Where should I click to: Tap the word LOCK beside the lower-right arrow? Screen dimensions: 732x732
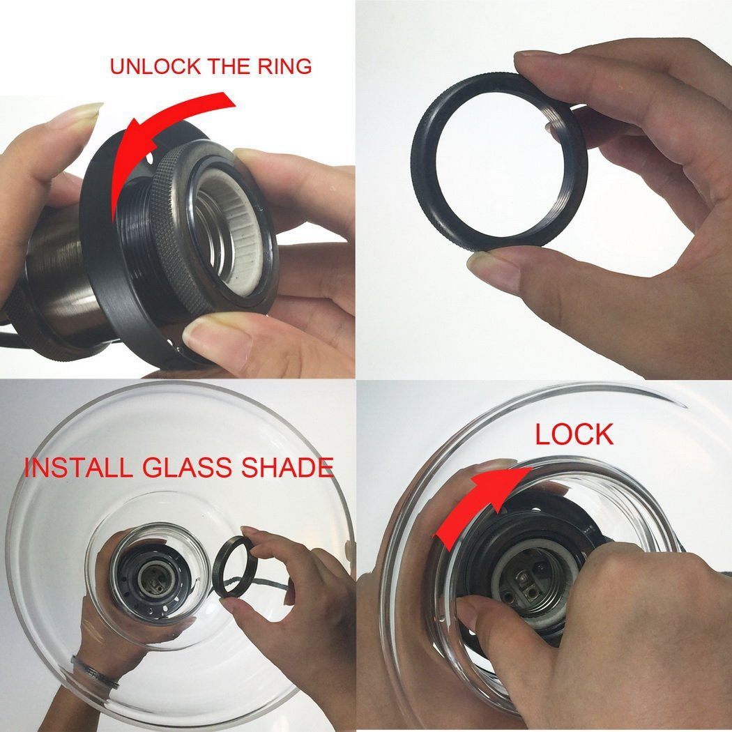[574, 434]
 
